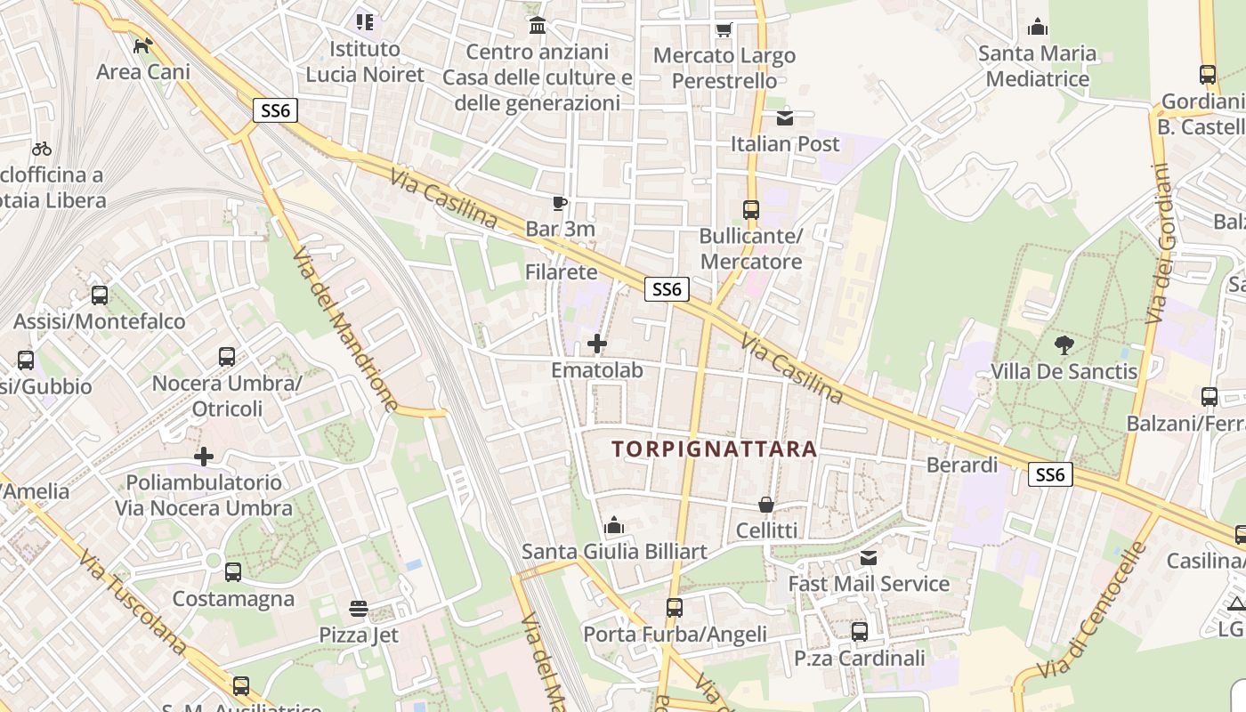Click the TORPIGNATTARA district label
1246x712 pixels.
coord(715,449)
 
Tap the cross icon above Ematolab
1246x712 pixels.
coord(597,343)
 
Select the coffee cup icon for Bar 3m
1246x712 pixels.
coord(559,204)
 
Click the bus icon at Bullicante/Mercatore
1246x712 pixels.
coord(751,210)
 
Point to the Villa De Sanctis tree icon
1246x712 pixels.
coord(1064,345)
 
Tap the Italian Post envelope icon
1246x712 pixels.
coord(784,117)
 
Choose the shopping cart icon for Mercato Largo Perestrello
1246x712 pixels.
coord(724,30)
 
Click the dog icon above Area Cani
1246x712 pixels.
coord(142,45)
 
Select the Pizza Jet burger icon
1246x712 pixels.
coord(359,609)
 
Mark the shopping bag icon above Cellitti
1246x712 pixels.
coord(766,505)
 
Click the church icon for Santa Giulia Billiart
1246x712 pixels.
coord(614,526)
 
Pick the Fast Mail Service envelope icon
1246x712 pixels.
coord(869,558)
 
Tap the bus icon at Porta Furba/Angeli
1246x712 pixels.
coord(675,608)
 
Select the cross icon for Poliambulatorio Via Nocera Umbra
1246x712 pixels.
coord(204,457)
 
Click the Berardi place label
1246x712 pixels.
coord(962,465)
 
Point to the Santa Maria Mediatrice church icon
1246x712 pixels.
coord(1037,28)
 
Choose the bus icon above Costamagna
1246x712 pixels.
coord(233,572)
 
